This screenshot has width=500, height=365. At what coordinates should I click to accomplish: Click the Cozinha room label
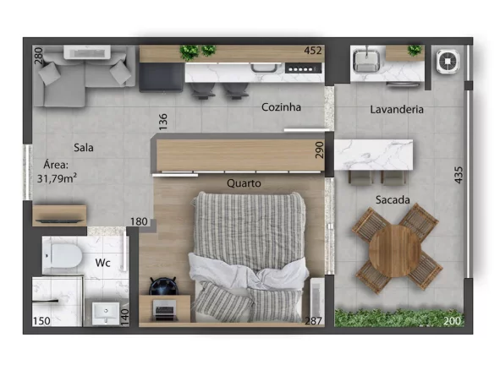point(281,107)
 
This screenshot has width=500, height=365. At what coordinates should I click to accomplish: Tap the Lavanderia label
point(397,110)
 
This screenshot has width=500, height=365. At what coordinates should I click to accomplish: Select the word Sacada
point(393,200)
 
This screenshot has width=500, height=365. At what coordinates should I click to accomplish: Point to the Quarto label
point(244,183)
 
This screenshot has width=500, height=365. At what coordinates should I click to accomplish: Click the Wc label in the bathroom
point(102,263)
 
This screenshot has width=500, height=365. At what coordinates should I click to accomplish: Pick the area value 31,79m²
point(57,178)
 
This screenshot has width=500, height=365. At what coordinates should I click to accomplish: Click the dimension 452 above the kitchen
point(313,51)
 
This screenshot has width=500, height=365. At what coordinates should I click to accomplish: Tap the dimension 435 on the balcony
point(459,175)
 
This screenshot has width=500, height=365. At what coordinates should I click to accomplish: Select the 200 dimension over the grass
point(452,321)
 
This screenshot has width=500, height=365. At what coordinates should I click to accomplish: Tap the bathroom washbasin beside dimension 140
point(105,313)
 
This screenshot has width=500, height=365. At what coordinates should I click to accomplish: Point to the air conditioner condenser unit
point(448,61)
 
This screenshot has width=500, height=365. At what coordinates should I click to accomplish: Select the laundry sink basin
point(366,61)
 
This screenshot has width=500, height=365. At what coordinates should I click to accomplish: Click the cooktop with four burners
point(303,68)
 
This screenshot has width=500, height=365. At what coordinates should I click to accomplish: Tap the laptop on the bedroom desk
point(164,310)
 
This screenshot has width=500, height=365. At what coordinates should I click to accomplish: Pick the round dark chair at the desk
point(162,286)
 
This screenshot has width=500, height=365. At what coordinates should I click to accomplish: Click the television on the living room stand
point(59,221)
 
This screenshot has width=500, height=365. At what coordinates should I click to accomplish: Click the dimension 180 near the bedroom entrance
point(139,221)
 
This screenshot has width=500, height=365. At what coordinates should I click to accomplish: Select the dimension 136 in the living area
point(163,122)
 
